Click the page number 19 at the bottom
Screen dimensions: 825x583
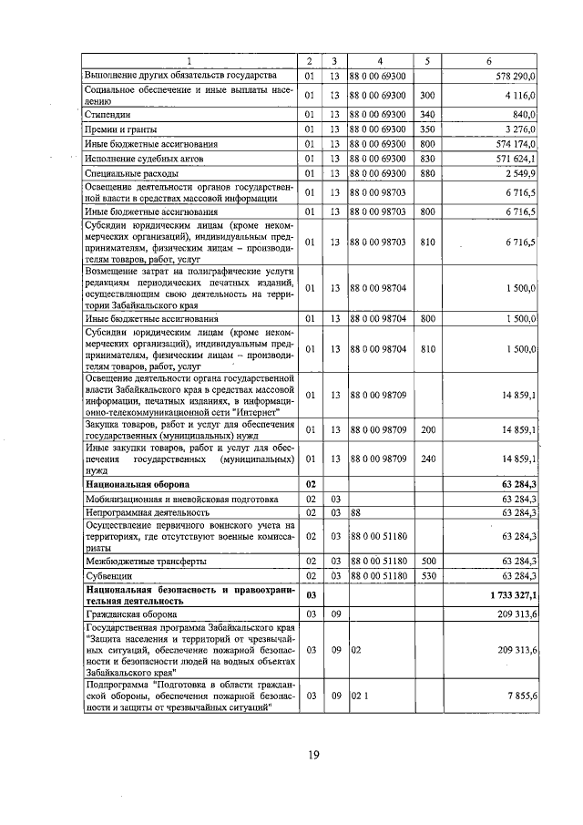(312, 753)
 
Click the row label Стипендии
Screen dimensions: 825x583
(107, 115)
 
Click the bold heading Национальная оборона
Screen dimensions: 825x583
(138, 484)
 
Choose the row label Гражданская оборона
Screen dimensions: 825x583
(131, 614)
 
